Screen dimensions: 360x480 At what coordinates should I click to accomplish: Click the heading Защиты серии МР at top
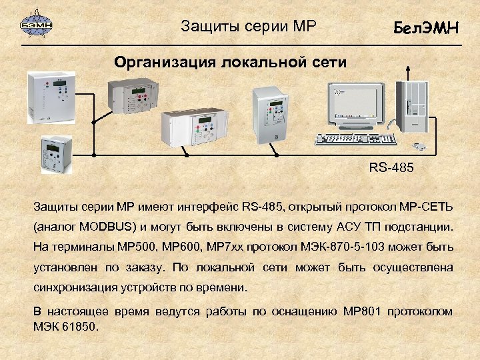pyautogui.click(x=248, y=27)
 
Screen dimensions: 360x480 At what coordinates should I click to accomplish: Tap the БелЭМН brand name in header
pyautogui.click(x=426, y=27)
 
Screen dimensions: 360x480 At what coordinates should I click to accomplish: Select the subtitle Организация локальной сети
pyautogui.click(x=230, y=63)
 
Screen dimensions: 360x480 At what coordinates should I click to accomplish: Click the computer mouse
pyautogui.click(x=419, y=145)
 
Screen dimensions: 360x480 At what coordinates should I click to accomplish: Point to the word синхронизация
pyautogui.click(x=75, y=289)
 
